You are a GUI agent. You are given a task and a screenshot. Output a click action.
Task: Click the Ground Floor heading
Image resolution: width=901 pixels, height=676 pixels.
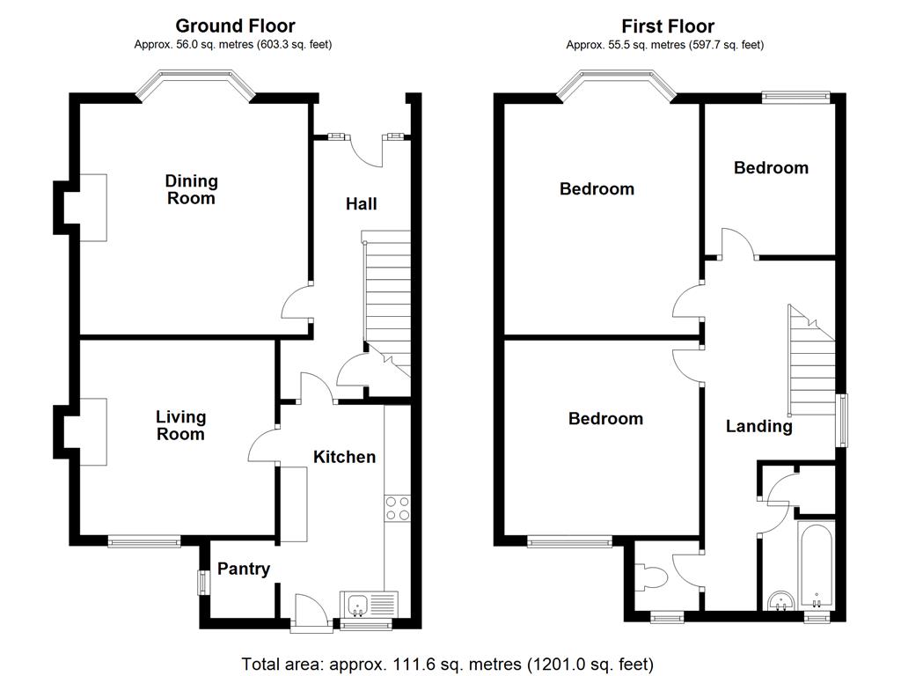click(x=235, y=26)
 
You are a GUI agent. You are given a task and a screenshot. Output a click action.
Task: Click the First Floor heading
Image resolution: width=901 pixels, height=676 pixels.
click(x=668, y=26)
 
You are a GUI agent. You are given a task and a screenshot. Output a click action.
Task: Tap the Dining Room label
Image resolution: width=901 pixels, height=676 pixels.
click(x=191, y=189)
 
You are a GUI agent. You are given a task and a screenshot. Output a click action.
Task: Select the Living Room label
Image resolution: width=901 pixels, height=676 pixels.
click(x=180, y=425)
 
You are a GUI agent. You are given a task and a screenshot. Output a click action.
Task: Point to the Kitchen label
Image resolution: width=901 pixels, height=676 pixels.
click(x=345, y=457)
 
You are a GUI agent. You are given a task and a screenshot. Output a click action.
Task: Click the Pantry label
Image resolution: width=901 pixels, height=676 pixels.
click(x=244, y=569)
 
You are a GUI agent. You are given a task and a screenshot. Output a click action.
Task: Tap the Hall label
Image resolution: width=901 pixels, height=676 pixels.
click(x=361, y=204)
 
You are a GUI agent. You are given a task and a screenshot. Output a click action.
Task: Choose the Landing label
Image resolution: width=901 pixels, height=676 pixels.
click(x=758, y=427)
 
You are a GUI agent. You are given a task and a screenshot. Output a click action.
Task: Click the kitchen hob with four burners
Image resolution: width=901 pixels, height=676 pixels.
click(x=397, y=509)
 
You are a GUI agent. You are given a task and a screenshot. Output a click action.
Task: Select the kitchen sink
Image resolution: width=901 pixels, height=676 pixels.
click(x=358, y=604)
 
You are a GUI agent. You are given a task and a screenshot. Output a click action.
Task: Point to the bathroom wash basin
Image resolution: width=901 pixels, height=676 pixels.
click(x=780, y=601)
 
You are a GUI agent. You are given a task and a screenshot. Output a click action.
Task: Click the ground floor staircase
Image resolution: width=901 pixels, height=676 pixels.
click(x=386, y=290)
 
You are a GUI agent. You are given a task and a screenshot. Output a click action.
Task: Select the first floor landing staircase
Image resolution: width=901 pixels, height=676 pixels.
click(x=810, y=361)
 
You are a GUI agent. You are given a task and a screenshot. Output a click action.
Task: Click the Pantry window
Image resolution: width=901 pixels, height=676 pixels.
click(x=201, y=582)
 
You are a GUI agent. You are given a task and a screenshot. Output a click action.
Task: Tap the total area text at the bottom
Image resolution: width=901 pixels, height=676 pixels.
click(x=448, y=663)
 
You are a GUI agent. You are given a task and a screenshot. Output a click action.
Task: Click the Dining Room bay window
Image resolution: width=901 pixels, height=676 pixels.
click(x=195, y=85)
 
